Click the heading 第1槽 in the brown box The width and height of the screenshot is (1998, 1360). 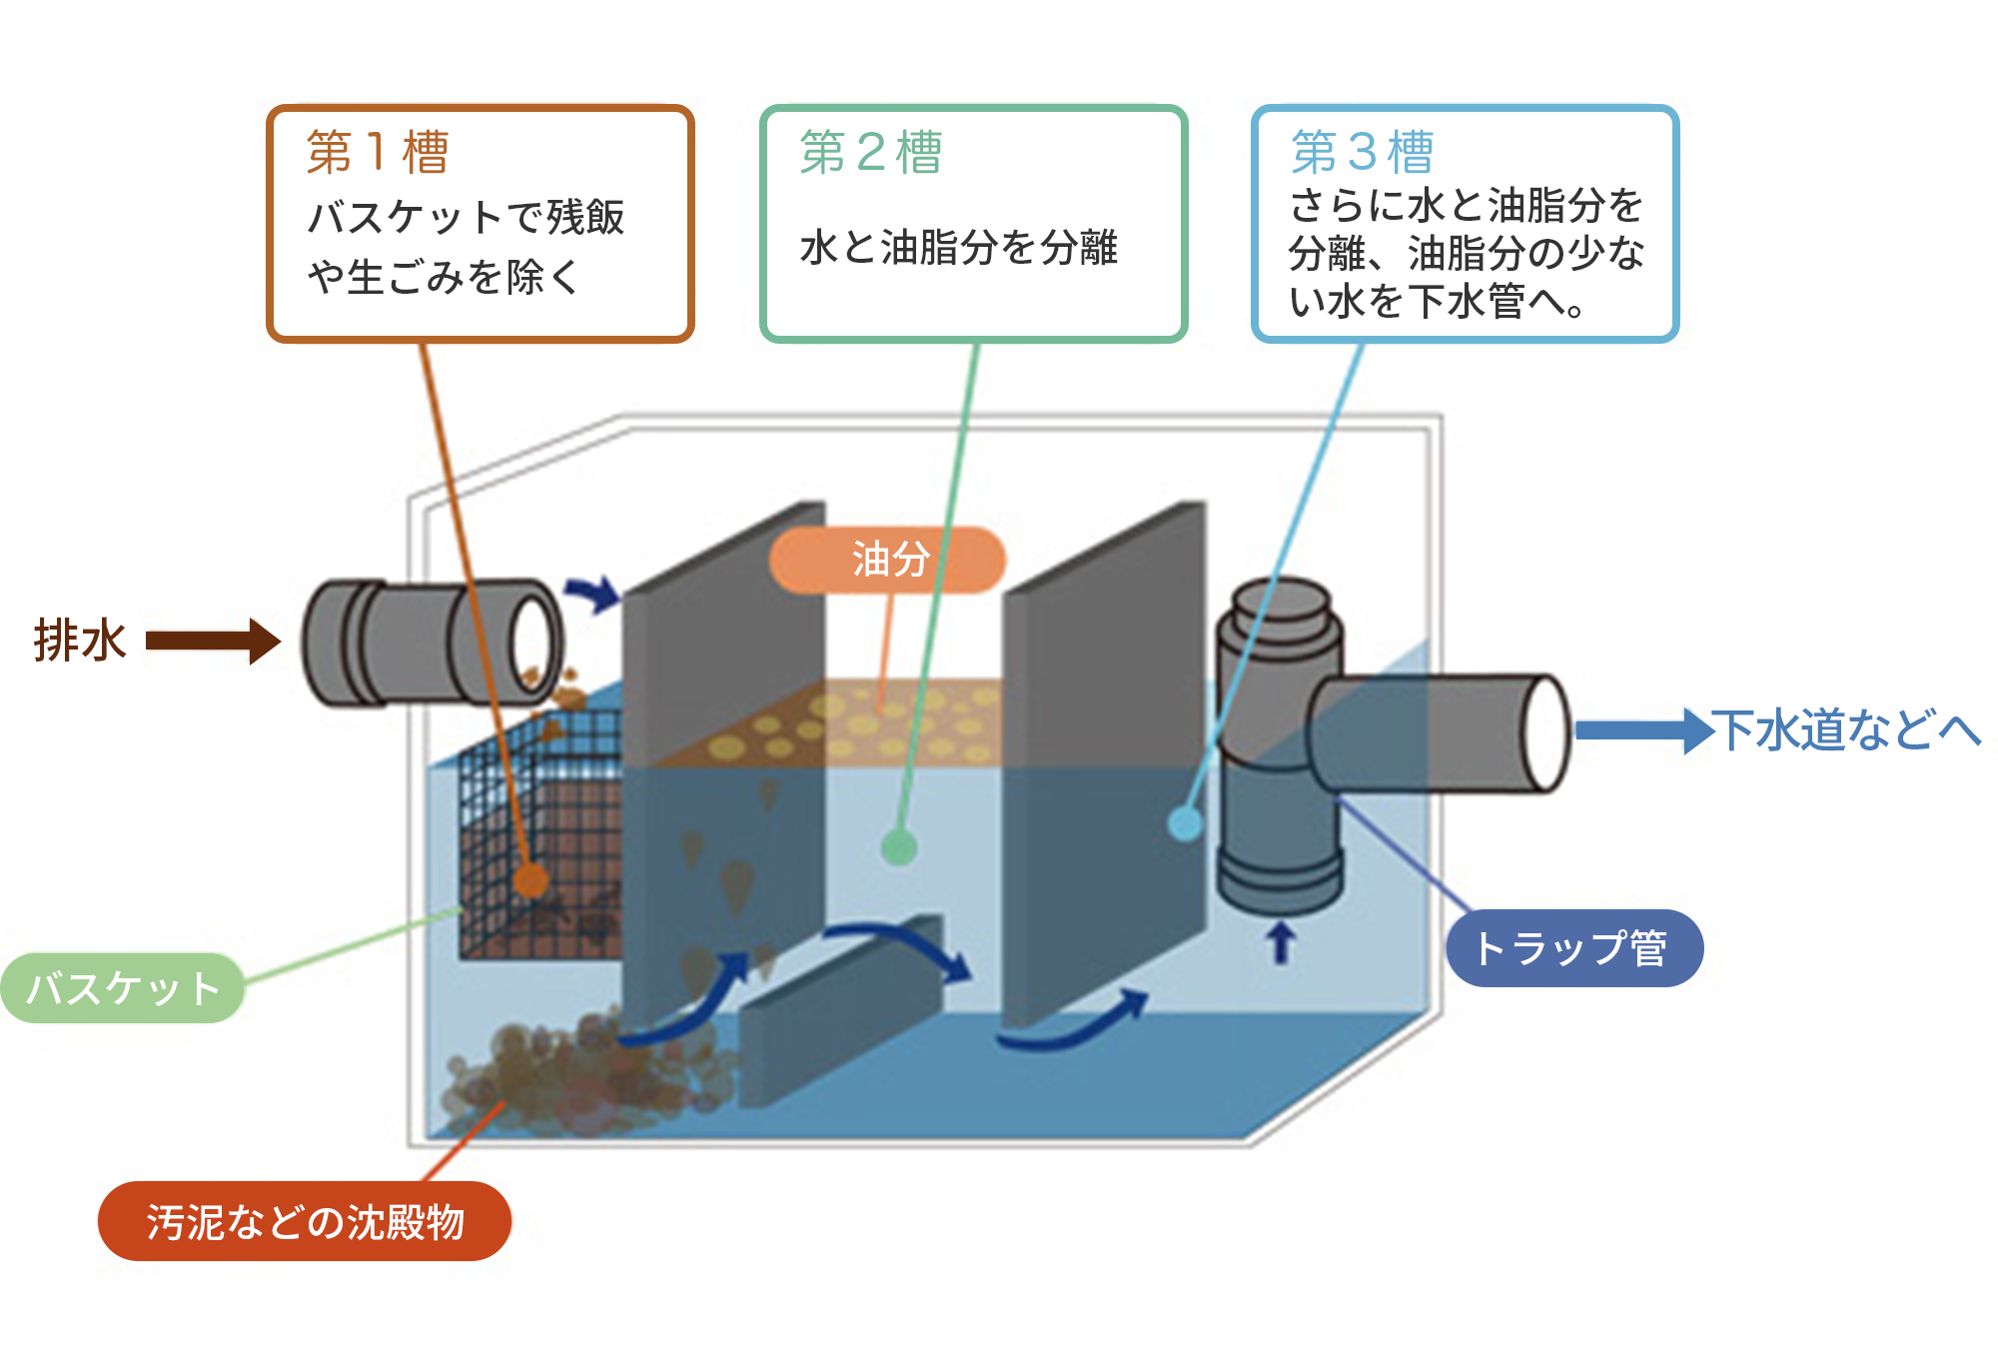378,153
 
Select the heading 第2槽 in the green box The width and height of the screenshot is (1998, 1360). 871,153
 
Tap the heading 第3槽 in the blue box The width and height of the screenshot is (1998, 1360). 1363,153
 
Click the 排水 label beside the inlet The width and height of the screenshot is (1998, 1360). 80,641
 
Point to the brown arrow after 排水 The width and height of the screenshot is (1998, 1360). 213,641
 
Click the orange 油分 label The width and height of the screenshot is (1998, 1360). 888,560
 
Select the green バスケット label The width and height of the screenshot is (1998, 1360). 122,988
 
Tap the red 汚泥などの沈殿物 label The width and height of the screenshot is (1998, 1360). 305,1221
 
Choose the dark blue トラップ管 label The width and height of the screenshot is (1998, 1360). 1573,948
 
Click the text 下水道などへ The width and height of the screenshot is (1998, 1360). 1846,729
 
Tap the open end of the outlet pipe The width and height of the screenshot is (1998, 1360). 1546,734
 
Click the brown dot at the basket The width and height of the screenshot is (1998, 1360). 531,881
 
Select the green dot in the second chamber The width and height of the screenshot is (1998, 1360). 899,847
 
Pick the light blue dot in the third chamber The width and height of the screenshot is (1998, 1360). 1186,823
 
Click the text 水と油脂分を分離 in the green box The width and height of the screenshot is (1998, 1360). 958,247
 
